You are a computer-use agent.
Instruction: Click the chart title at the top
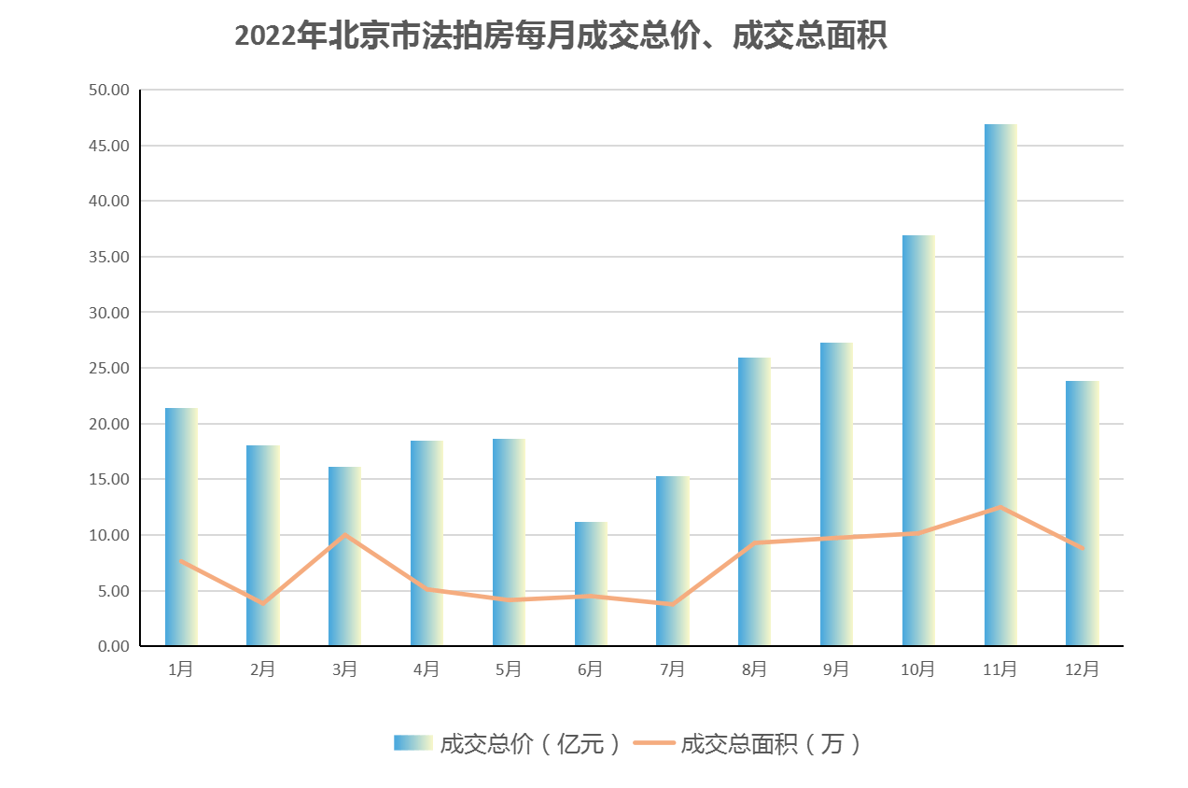click(x=560, y=36)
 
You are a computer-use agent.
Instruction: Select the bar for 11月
click(x=1000, y=384)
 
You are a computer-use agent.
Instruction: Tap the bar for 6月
click(x=591, y=583)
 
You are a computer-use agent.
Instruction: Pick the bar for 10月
click(x=918, y=440)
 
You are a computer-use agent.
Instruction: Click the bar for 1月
click(x=181, y=527)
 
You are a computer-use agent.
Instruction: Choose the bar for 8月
click(x=754, y=501)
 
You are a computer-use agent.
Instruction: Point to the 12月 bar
click(x=1083, y=513)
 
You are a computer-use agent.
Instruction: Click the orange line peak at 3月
click(x=345, y=535)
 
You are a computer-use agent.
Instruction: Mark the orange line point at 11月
click(x=1000, y=507)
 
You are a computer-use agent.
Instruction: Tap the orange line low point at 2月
click(x=263, y=603)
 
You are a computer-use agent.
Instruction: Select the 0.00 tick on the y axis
click(x=111, y=646)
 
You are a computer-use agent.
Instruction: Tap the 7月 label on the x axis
click(x=672, y=669)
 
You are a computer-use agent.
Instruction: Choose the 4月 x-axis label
click(x=426, y=669)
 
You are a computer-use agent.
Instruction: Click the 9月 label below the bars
click(x=836, y=669)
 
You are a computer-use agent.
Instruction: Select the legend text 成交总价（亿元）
click(x=530, y=743)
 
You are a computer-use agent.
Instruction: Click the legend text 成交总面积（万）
click(x=770, y=743)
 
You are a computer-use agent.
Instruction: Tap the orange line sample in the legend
click(x=653, y=743)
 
